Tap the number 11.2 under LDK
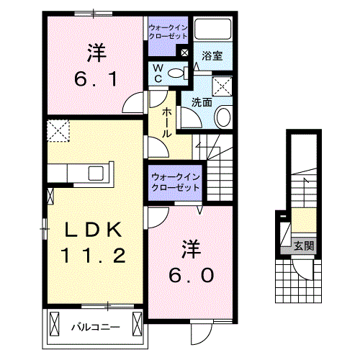(94, 254)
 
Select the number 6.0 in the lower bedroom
(191, 276)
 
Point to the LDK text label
(94, 230)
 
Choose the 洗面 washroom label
(201, 102)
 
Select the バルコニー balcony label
(95, 327)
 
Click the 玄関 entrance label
(303, 246)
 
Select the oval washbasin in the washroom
(223, 114)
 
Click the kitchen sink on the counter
(96, 173)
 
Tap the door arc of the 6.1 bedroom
(134, 104)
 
